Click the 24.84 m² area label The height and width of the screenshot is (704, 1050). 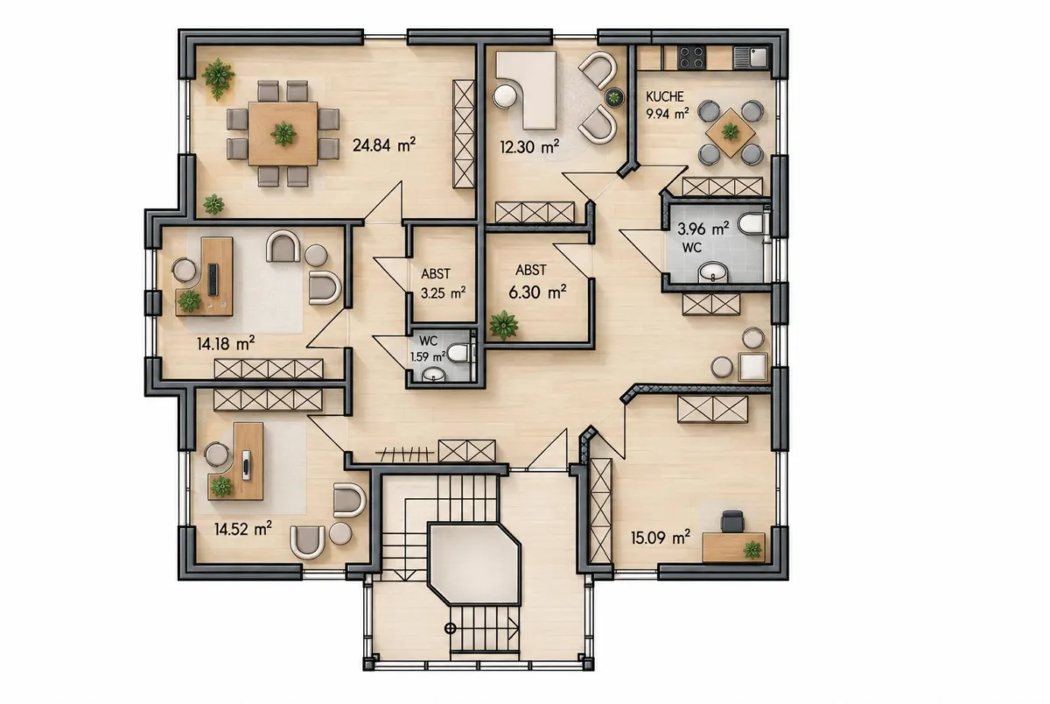point(384,145)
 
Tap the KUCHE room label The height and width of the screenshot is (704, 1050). point(665,96)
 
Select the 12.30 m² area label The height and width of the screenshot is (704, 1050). point(529,147)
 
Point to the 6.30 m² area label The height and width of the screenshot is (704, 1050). point(537,292)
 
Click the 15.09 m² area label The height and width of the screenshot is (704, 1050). point(660,538)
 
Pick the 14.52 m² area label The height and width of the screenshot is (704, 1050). point(243,529)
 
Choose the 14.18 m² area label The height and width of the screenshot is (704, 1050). point(226,344)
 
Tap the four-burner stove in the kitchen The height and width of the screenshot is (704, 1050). point(691,58)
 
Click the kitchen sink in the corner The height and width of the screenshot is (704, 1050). point(751,58)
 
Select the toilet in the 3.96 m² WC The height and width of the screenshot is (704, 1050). point(752,224)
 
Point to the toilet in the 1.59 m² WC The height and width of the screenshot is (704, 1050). point(460,353)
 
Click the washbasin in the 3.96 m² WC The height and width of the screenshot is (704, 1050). point(713,273)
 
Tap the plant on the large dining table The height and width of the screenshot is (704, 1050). point(283,134)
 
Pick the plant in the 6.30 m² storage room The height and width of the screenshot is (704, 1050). point(503,325)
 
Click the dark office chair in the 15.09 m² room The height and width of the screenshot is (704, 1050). point(732,523)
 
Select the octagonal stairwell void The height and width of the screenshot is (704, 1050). point(474,564)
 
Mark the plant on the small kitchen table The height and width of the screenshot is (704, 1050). point(730,132)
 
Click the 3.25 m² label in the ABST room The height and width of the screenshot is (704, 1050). point(443,293)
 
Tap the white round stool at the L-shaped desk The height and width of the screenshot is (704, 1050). point(504,97)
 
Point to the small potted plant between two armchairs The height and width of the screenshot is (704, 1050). point(613,97)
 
